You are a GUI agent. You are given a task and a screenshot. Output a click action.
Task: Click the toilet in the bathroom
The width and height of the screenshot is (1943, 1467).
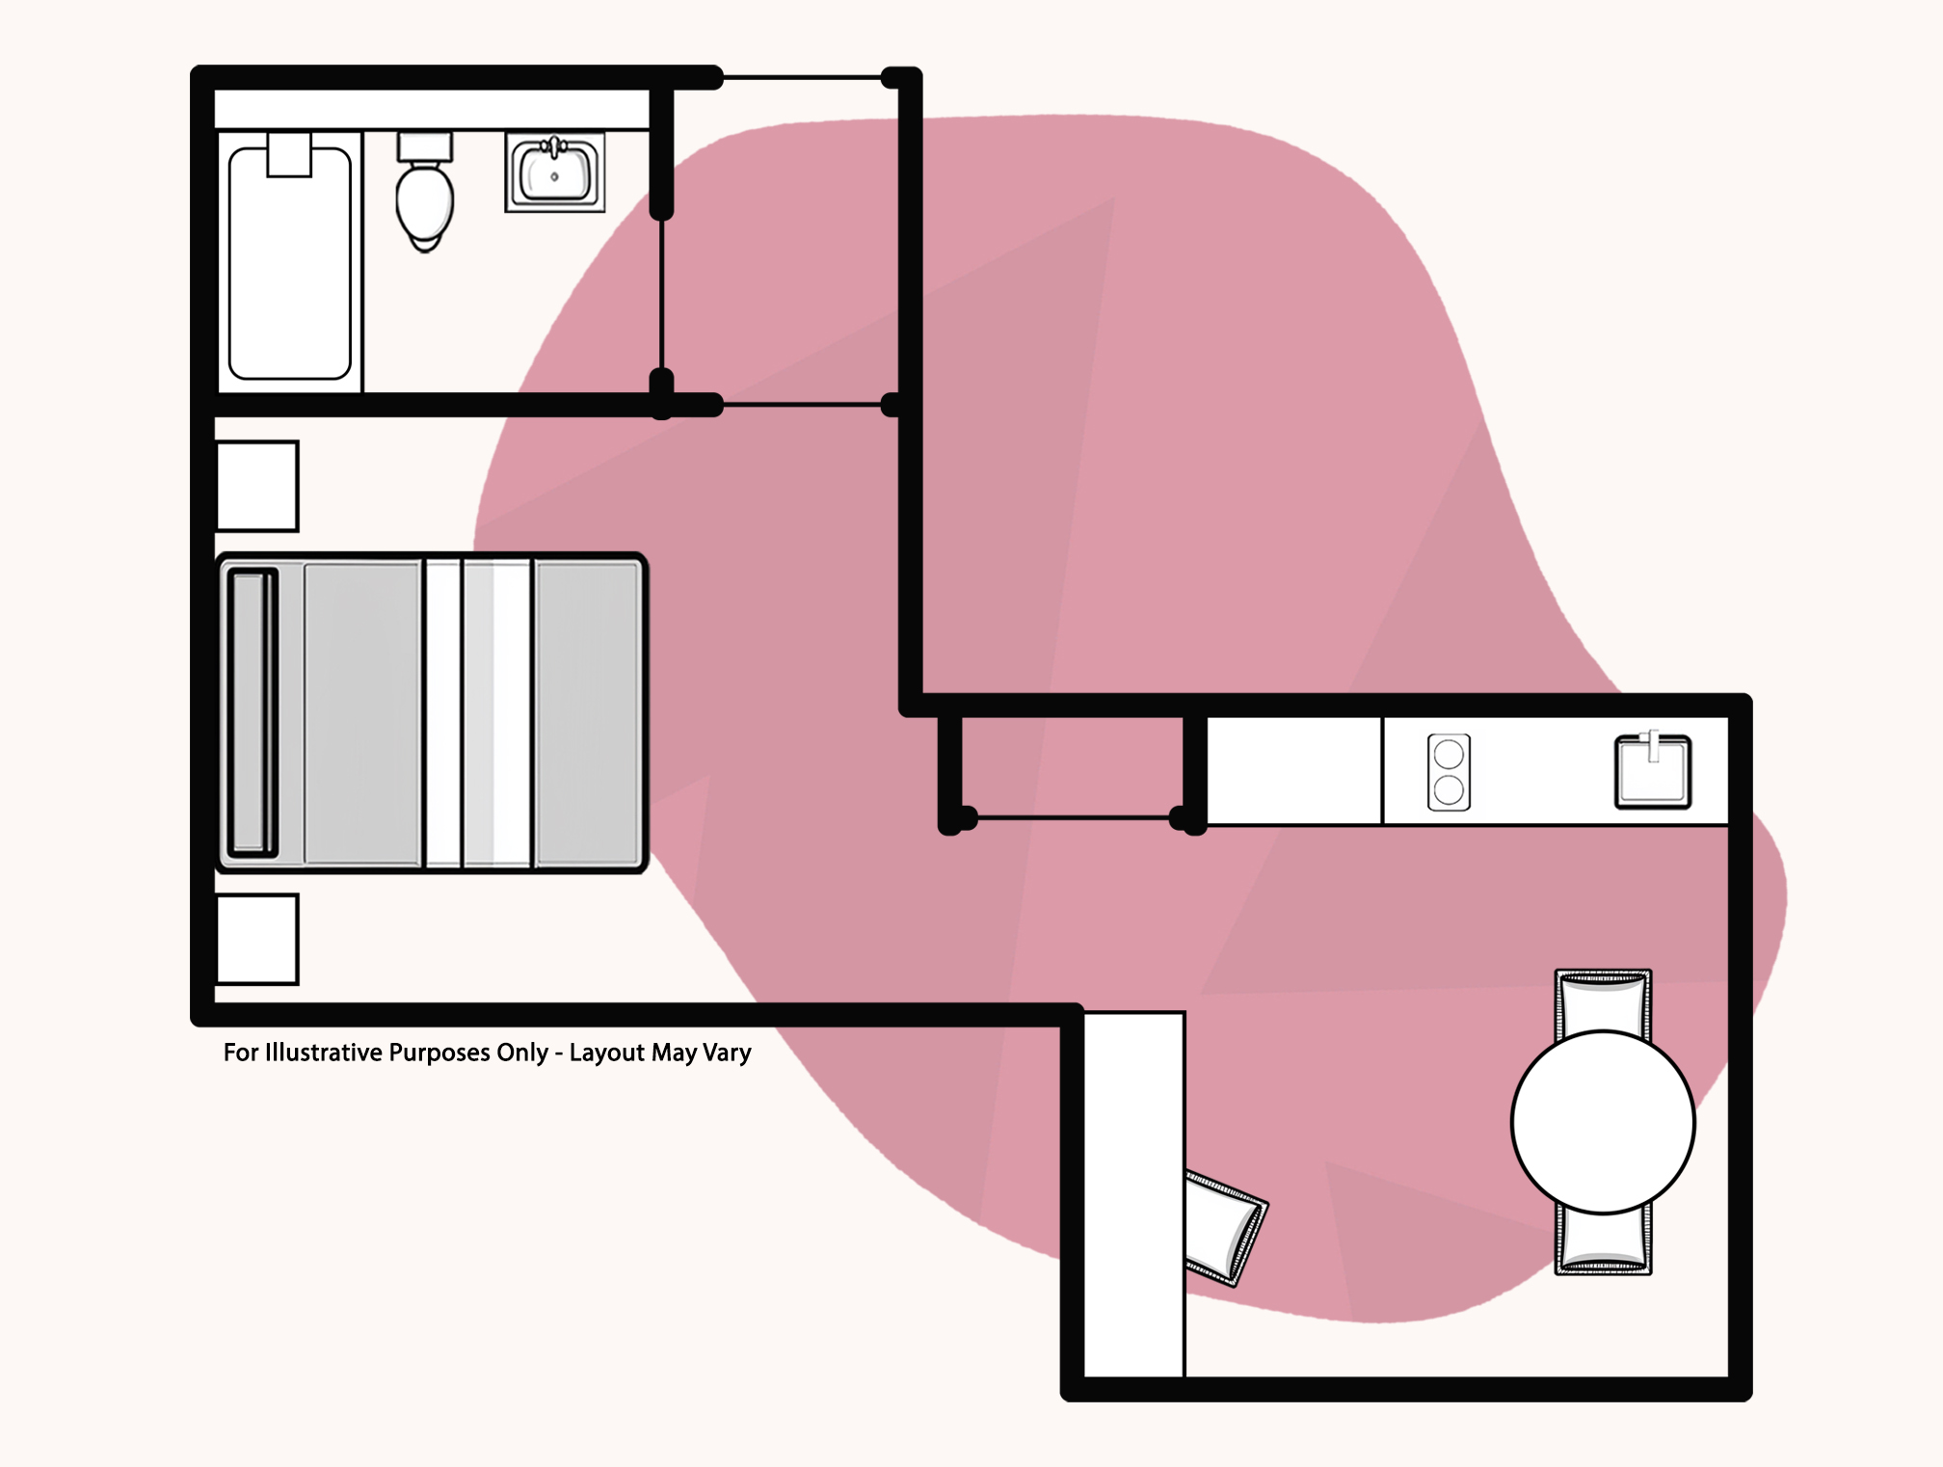pyautogui.click(x=425, y=192)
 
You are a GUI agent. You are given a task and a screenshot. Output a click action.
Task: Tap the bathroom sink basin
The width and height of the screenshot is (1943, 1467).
pyautogui.click(x=555, y=173)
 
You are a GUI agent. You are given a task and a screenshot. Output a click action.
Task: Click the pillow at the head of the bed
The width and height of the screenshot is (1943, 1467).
pyautogui.click(x=253, y=713)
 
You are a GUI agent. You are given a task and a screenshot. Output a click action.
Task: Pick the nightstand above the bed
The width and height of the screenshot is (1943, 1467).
pyautogui.click(x=257, y=486)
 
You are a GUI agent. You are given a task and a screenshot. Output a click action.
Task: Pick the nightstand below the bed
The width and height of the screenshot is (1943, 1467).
pyautogui.click(x=257, y=939)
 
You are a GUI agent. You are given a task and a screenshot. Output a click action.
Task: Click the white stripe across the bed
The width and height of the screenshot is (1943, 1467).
pyautogui.click(x=443, y=713)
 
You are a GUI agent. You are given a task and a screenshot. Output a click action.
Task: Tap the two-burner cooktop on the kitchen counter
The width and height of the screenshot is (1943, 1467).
pyautogui.click(x=1449, y=772)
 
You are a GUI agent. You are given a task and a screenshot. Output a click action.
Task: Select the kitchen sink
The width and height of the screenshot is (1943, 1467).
pyautogui.click(x=1653, y=771)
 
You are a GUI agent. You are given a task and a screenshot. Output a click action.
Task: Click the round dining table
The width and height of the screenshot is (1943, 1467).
pyautogui.click(x=1603, y=1122)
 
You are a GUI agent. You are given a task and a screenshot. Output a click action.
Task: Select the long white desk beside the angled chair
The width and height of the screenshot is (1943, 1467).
pyautogui.click(x=1134, y=1194)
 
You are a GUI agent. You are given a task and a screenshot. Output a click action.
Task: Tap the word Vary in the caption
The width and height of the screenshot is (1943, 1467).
pyautogui.click(x=727, y=1054)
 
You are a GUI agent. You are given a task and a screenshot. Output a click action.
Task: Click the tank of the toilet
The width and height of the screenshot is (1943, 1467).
pyautogui.click(x=425, y=147)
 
